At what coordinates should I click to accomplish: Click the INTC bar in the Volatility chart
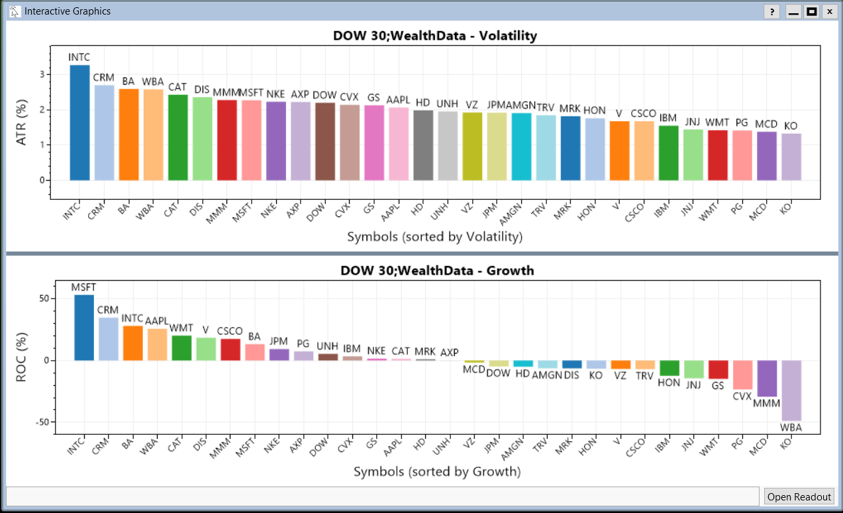(79, 122)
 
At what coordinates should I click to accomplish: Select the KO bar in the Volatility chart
(791, 157)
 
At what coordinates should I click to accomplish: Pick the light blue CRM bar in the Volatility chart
(104, 132)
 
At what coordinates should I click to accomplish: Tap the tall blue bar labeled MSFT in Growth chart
(84, 328)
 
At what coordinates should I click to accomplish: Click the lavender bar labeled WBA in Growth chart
(791, 391)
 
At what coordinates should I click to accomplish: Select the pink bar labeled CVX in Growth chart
(742, 375)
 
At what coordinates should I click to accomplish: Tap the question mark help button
(771, 11)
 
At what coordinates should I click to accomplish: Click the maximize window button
(811, 11)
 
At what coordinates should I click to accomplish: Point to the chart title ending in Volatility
(435, 36)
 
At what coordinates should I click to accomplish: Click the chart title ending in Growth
(437, 270)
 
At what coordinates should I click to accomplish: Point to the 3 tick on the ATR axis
(42, 75)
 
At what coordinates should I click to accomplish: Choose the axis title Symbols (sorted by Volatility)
(434, 236)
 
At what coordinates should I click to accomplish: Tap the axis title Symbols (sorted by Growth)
(437, 471)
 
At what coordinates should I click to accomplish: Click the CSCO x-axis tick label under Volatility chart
(636, 211)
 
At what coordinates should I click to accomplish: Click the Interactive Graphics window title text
(68, 11)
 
